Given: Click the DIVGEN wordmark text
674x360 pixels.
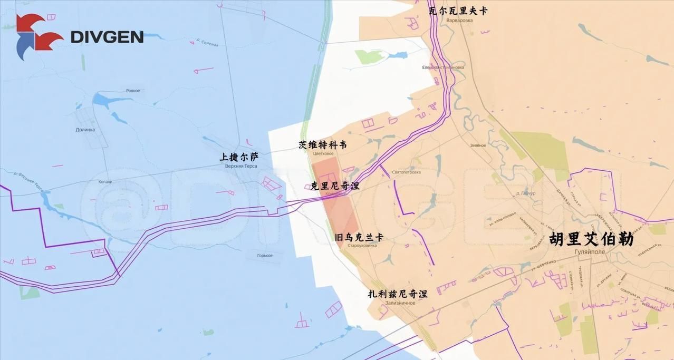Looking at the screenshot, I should [107, 37].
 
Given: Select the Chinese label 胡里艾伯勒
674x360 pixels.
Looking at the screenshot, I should [591, 239].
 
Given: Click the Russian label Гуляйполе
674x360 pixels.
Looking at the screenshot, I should [590, 252].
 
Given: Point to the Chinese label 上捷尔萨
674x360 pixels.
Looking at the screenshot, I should [239, 157].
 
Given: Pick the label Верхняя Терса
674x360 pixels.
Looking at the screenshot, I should [241, 167].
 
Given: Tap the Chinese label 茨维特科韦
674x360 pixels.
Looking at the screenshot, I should [323, 144].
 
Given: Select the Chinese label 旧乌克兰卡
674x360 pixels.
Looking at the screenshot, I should [359, 237].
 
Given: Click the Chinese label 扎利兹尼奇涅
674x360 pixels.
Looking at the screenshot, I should [398, 294].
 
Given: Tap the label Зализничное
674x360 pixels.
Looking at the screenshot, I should [400, 303].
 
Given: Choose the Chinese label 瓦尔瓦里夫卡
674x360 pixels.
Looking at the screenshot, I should [458, 11].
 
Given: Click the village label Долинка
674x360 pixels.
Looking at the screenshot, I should [85, 130].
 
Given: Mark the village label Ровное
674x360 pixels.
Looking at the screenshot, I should [133, 91].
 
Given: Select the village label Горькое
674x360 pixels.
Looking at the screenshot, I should [265, 256].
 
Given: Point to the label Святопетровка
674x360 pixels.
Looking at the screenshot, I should [407, 172].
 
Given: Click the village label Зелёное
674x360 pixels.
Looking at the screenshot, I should [478, 145].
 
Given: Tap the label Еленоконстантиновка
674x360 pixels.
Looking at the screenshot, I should [443, 67].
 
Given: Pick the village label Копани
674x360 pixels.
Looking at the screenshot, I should [105, 182].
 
